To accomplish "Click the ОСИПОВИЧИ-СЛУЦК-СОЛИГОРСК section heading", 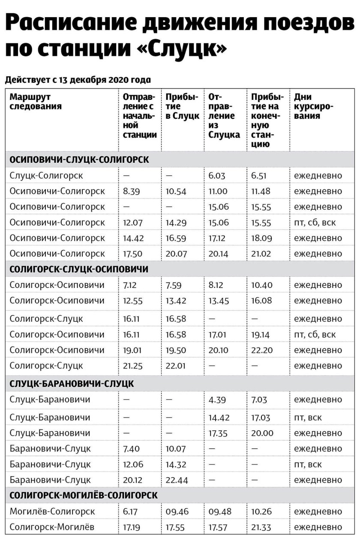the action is pos(79,159).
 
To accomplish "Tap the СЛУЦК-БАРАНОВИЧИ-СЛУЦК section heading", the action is pos(72,384).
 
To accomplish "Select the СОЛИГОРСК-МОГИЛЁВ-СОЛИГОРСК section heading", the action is pos(84,495).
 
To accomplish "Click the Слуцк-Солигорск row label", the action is pos(46,175).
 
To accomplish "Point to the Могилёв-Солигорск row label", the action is pos(52,511).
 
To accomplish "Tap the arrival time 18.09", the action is pos(261,238).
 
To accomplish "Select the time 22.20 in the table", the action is pos(261,350).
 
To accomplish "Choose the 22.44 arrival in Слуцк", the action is pos(177,480).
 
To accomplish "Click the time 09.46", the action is pos(177,511).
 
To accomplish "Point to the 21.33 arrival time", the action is pos(261,527).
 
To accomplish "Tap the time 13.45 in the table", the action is pos(219,301).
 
